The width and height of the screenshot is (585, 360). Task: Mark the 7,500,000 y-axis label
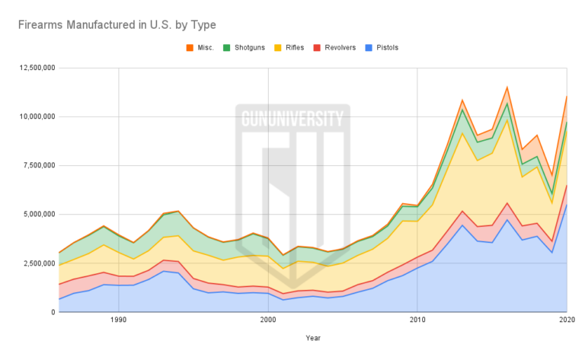tap(32, 165)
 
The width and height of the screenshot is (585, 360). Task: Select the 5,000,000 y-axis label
tap(32, 214)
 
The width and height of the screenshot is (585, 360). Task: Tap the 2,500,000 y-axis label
tap(32, 263)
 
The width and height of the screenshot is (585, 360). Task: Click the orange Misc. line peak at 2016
tap(507, 88)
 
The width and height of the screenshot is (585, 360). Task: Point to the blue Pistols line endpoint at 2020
tap(567, 204)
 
